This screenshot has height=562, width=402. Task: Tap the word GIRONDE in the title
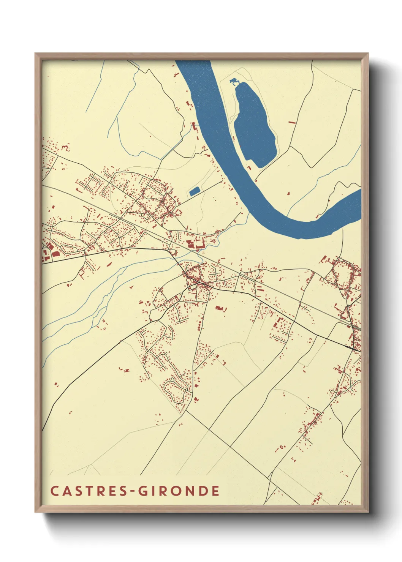(178, 491)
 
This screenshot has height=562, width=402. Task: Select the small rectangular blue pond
(195, 191)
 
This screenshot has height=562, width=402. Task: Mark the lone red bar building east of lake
(292, 123)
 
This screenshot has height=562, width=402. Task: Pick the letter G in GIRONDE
(142, 491)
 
